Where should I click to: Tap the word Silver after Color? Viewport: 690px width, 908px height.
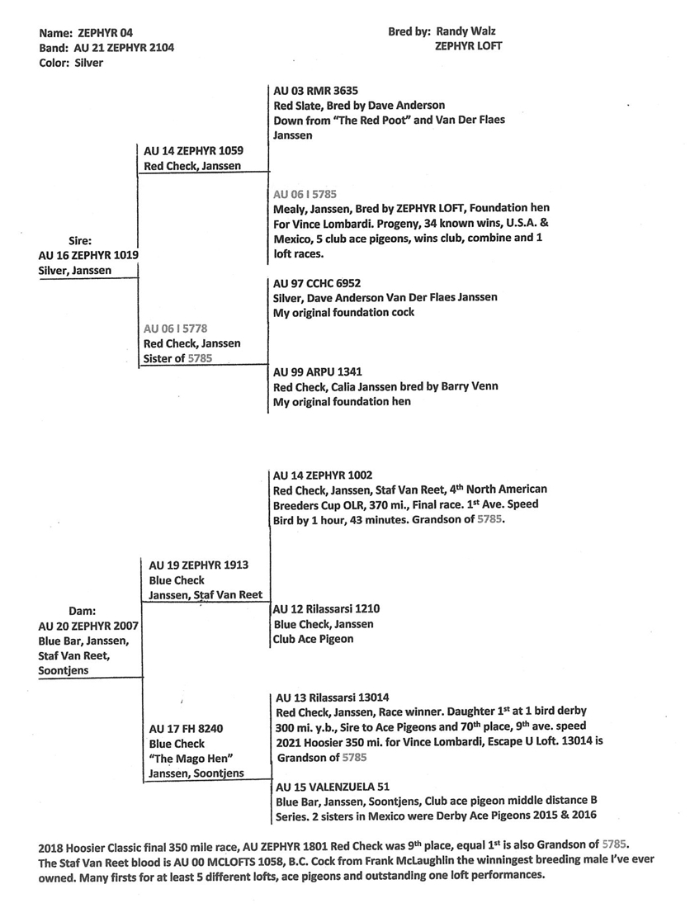click(x=87, y=63)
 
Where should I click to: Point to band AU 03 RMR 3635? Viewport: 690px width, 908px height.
click(x=315, y=90)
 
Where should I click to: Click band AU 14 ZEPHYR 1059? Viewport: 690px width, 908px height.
click(x=193, y=151)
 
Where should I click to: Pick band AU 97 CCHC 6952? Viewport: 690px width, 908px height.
click(x=317, y=282)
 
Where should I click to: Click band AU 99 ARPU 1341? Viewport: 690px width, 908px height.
click(x=317, y=371)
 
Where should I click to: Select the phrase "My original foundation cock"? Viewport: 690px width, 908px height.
click(x=343, y=313)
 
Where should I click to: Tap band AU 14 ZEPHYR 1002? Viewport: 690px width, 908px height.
click(x=323, y=475)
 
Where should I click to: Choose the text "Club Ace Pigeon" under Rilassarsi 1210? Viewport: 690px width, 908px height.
click(x=314, y=638)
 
